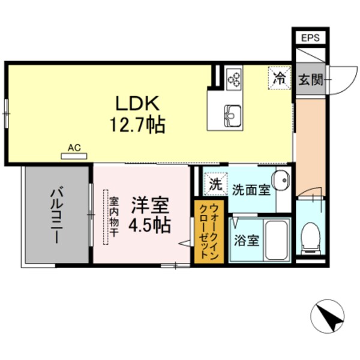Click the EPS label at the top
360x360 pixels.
310,38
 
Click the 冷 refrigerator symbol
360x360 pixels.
278,76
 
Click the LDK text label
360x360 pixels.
137,103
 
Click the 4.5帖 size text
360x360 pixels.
149,226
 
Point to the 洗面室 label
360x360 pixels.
251,191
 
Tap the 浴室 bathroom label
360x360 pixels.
246,241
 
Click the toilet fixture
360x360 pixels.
311,237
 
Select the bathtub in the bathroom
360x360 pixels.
277,240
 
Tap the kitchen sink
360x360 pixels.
232,113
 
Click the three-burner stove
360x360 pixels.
233,77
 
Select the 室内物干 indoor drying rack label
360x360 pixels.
112,217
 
